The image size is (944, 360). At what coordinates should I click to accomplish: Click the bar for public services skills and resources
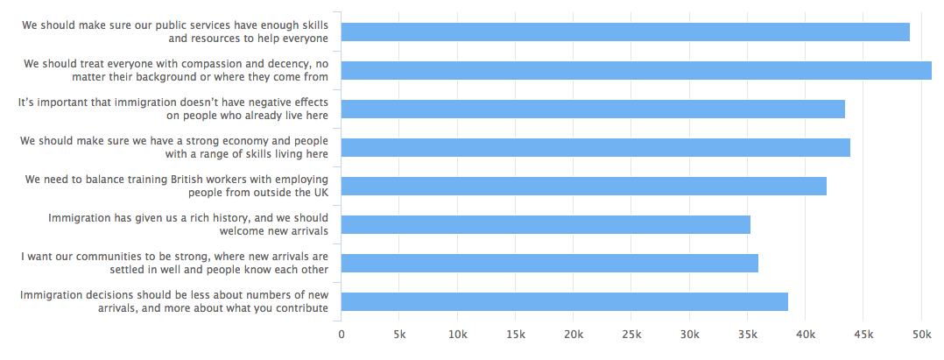pos(624,32)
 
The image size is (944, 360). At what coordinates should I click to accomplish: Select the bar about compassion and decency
pos(636,71)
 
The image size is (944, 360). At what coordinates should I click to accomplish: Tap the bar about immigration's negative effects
pos(592,109)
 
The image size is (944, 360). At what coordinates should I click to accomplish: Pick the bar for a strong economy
pos(595,147)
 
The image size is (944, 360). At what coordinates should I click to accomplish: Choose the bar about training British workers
pos(583,186)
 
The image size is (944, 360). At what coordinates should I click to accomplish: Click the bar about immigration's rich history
pos(545,224)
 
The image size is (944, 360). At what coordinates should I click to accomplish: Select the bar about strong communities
pos(549,263)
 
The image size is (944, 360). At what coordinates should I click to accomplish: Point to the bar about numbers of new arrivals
pos(564,301)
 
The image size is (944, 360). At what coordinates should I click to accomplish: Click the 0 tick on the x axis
pos(341,335)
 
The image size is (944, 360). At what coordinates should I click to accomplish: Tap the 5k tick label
pos(399,335)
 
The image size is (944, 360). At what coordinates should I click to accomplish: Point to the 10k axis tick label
pos(457,335)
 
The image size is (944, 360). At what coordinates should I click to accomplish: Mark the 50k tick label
pos(921,335)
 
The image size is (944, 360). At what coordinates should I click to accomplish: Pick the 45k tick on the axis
pos(863,335)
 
